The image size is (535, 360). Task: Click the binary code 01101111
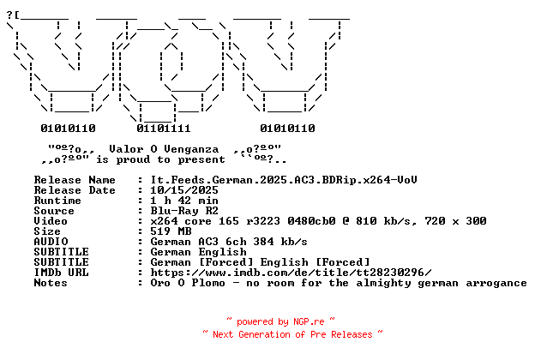tap(164, 129)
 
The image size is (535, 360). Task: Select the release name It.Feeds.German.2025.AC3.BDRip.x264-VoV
tap(284, 180)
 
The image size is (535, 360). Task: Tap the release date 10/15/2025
tap(184, 190)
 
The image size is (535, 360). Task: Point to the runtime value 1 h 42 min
tap(184, 201)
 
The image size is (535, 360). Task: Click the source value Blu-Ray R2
tap(184, 211)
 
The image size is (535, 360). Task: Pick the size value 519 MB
tap(171, 231)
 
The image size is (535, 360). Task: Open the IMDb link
tap(291, 273)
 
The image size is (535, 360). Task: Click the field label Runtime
tap(57, 201)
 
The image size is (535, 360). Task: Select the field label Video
tap(51, 221)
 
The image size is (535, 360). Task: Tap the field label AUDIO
tap(51, 242)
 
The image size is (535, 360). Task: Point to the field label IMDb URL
tap(62, 273)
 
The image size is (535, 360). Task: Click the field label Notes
tap(51, 283)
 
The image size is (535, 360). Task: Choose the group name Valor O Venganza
tap(164, 149)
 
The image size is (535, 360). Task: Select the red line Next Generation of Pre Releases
tap(292, 334)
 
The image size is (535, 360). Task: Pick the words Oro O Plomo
tap(188, 283)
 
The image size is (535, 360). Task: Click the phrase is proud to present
tap(160, 159)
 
